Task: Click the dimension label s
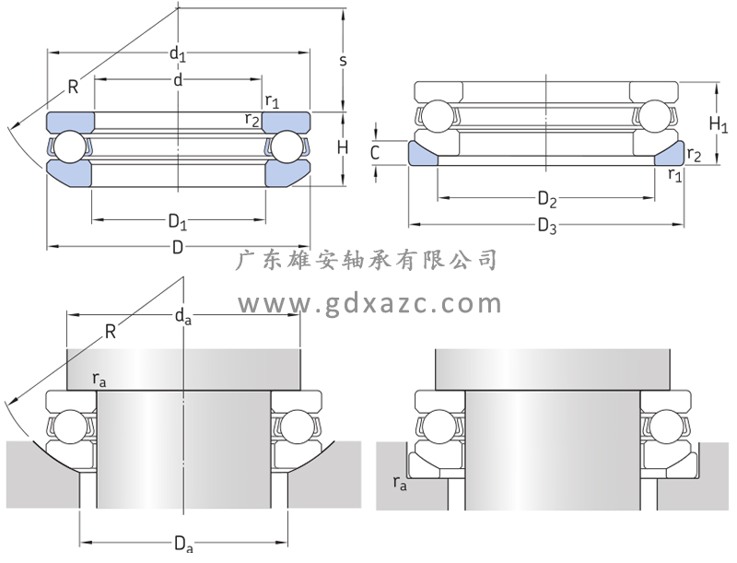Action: pyautogui.click(x=344, y=60)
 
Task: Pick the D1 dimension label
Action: pyautogui.click(x=177, y=223)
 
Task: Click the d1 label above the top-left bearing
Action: pyautogui.click(x=176, y=54)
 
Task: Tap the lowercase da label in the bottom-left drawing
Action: pyautogui.click(x=183, y=318)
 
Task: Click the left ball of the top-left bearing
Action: pyautogui.click(x=67, y=147)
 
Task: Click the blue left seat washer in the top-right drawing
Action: pyautogui.click(x=424, y=153)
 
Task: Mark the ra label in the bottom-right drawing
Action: pyautogui.click(x=399, y=481)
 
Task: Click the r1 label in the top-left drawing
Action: pyautogui.click(x=272, y=100)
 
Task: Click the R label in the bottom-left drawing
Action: pyautogui.click(x=111, y=332)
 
